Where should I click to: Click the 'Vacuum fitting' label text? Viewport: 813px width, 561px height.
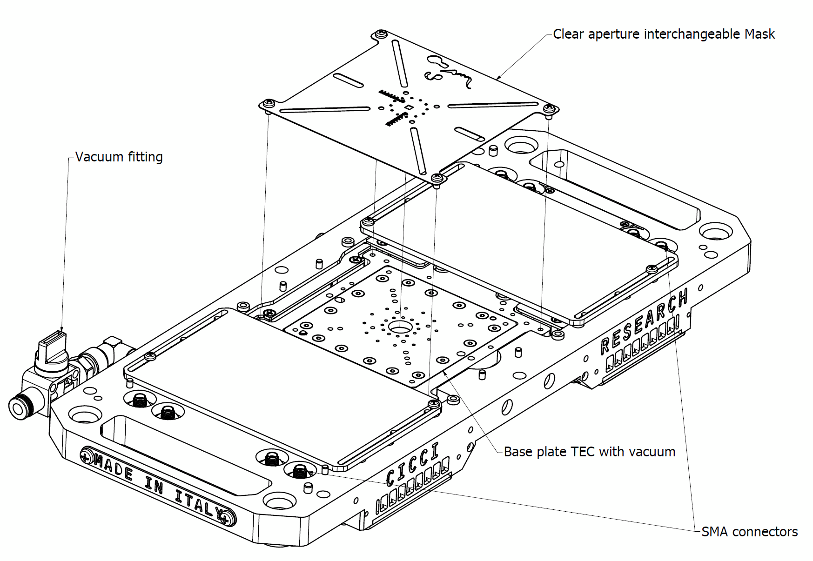[x=119, y=157]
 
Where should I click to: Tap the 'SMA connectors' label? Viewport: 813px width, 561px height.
[x=749, y=532]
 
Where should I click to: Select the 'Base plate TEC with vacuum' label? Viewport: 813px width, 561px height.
[x=589, y=452]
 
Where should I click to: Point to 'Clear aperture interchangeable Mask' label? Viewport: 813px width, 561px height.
[x=664, y=34]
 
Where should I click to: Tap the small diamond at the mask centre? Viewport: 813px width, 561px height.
[x=408, y=108]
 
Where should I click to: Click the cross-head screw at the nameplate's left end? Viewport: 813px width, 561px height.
[x=86, y=457]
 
